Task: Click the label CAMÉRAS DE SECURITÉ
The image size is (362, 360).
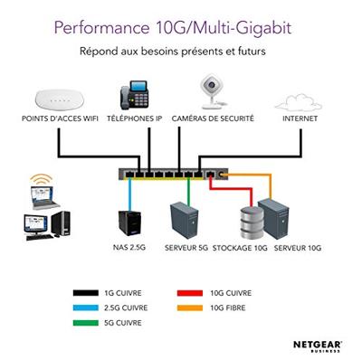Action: click(214, 118)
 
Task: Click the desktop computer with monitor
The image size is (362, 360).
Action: click(45, 225)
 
